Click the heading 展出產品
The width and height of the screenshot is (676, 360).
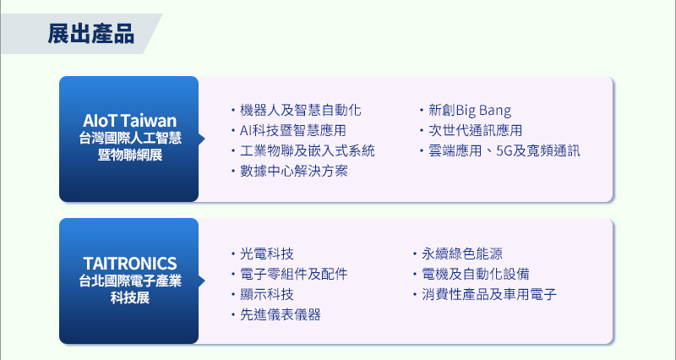(x=90, y=34)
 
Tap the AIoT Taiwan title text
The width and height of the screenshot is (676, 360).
(x=130, y=120)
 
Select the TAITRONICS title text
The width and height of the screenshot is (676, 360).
(x=130, y=263)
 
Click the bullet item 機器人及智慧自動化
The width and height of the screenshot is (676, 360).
(x=300, y=111)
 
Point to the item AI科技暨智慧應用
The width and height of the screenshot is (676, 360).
(x=292, y=131)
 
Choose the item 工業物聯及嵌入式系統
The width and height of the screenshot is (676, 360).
(x=307, y=151)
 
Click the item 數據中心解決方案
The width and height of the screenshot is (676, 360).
(x=293, y=172)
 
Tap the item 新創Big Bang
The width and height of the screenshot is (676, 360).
(x=470, y=111)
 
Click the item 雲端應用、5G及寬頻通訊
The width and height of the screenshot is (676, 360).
(x=504, y=151)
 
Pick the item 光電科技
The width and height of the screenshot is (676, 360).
(x=267, y=254)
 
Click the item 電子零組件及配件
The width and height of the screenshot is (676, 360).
(x=293, y=274)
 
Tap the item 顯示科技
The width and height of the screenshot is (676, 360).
(x=267, y=294)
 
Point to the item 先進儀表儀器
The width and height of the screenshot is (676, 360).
(x=281, y=314)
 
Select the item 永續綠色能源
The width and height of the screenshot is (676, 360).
(x=462, y=254)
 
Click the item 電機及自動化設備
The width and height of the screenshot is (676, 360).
(x=476, y=274)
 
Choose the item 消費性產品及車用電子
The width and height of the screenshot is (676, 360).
(x=489, y=294)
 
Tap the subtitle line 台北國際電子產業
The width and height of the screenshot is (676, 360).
(x=130, y=281)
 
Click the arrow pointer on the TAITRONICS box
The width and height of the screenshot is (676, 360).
(x=202, y=281)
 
